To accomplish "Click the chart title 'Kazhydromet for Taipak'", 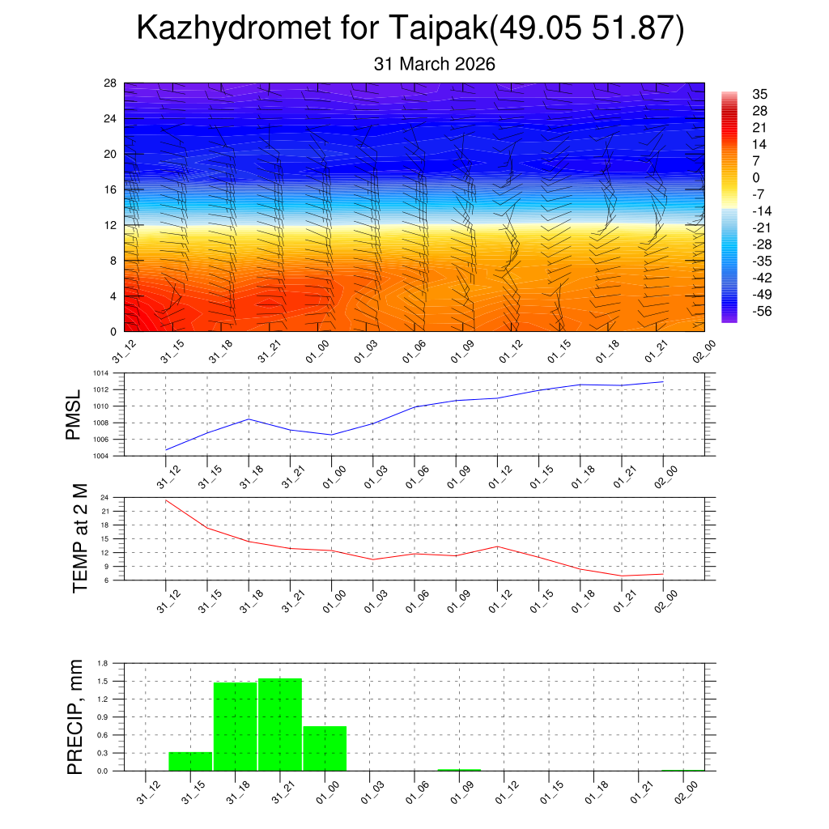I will point(312,29).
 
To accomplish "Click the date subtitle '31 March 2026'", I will point(435,64).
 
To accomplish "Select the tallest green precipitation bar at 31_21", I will point(280,725).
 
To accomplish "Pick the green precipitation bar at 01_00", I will point(325,748).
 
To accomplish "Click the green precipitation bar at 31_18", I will point(236,726).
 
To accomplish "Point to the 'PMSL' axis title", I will point(74,414).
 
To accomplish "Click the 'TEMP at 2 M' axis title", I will point(79,538).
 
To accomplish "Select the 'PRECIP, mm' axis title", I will point(75,716).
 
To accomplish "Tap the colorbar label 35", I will point(759,94).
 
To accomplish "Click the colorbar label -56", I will point(759,311).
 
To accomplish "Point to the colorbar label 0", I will point(756,177).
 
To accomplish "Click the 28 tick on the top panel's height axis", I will point(110,83).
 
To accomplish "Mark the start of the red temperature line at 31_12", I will point(166,500).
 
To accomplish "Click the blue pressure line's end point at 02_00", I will point(664,381).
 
